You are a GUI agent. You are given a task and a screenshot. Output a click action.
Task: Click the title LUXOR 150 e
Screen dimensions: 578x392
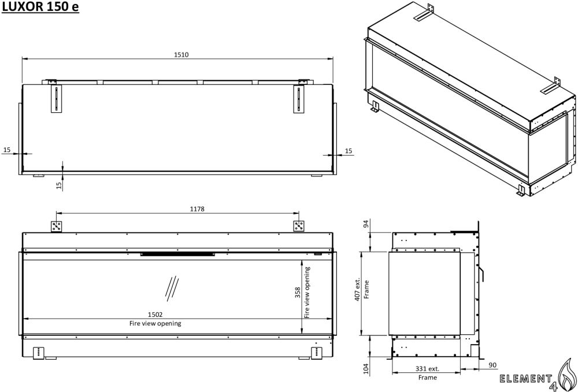click(x=40, y=7)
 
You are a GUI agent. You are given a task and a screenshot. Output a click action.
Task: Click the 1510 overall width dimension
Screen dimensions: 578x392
click(x=181, y=54)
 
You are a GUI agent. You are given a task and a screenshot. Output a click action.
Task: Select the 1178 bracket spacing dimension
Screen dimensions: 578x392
click(x=197, y=209)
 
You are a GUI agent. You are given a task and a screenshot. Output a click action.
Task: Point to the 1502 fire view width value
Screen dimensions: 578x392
click(x=155, y=315)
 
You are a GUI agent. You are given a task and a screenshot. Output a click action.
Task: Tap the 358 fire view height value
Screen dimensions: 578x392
click(x=298, y=293)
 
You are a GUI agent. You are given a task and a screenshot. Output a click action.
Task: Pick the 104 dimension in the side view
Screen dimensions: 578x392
click(x=366, y=369)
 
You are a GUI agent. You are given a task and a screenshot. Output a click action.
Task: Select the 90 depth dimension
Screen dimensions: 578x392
click(x=493, y=365)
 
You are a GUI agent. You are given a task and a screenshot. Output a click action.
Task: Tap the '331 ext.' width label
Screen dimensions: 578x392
click(x=427, y=368)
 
